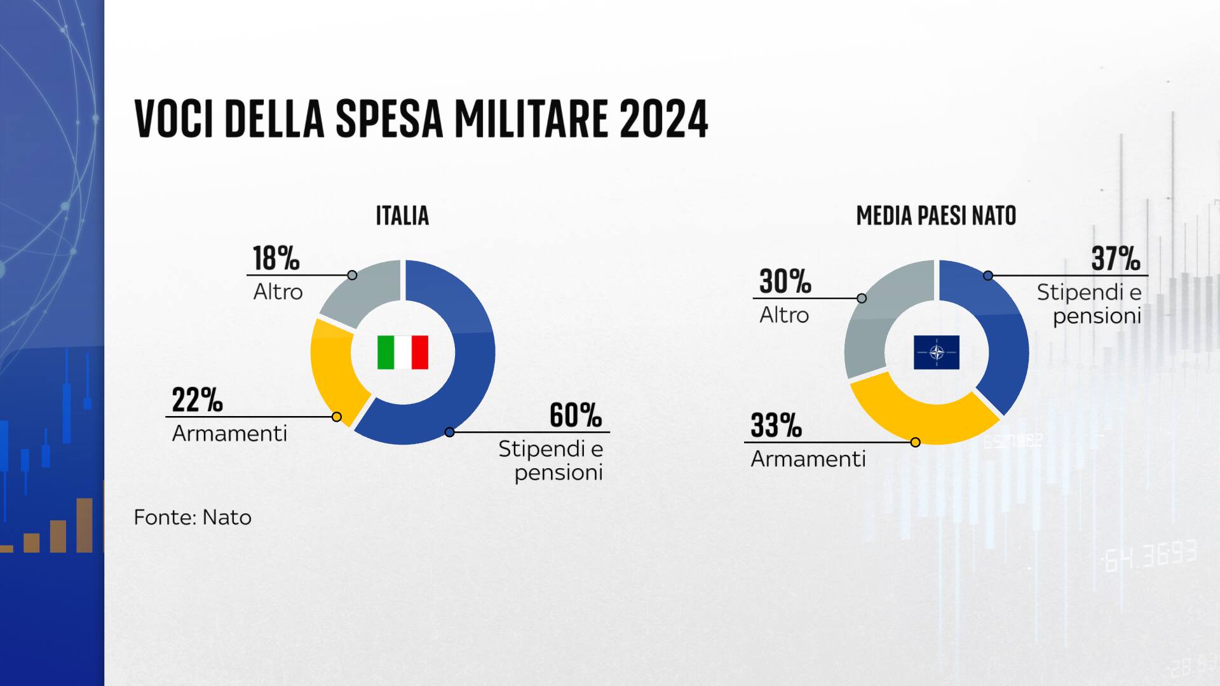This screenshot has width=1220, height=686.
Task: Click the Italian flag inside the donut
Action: [x=403, y=352]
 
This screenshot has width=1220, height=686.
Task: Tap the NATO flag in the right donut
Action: [x=937, y=352]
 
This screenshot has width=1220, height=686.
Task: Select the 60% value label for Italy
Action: [x=575, y=415]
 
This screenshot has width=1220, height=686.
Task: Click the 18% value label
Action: [x=276, y=259]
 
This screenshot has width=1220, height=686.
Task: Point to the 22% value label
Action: [x=197, y=400]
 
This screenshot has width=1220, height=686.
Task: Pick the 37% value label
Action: [x=1116, y=259]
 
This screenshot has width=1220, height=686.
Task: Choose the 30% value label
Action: [x=785, y=281]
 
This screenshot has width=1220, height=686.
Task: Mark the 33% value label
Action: [x=776, y=426]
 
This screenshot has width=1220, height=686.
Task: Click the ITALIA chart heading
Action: [x=402, y=216]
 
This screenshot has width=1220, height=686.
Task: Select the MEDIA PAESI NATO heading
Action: [x=936, y=216]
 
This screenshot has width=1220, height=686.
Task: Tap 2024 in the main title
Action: [x=663, y=119]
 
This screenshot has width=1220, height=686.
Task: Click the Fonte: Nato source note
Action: [x=193, y=517]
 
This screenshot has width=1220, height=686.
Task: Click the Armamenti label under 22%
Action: [x=229, y=434]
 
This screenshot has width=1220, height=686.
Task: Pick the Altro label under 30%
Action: [x=784, y=315]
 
